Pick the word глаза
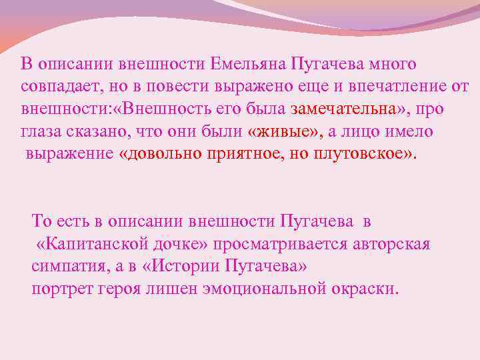[x=41, y=131]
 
